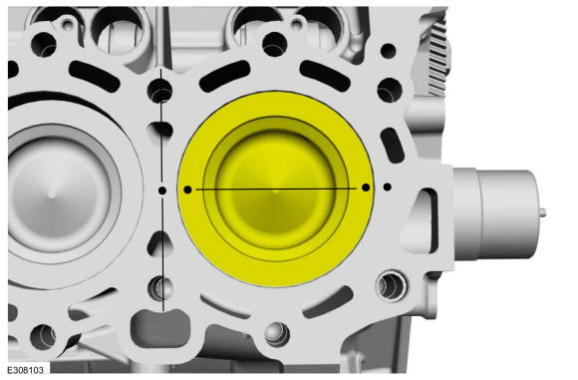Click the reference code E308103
26,370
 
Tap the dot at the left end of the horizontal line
187,190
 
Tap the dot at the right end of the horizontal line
366,188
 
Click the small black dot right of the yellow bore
387,188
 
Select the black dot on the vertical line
162,190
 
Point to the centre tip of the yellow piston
276,190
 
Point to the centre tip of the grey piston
52,194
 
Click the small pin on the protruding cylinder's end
542,212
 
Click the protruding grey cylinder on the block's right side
495,214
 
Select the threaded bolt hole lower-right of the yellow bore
391,284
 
